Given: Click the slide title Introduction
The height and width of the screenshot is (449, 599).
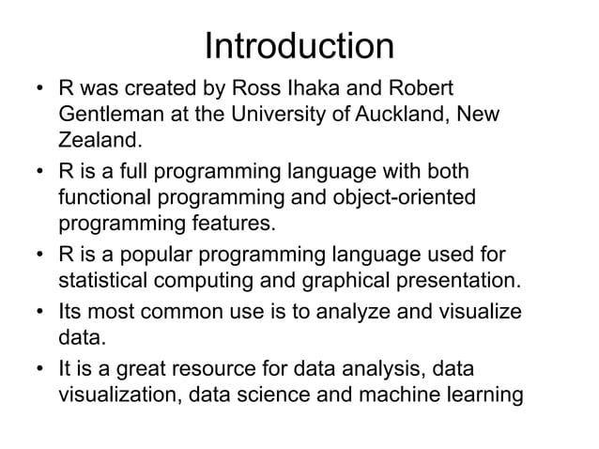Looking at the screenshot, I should point(299,46).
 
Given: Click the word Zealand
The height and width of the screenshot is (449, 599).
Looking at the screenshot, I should point(99,142).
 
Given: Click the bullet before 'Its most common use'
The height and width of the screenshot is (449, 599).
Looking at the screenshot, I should point(40,312).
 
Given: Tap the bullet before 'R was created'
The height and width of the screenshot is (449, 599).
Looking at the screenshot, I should point(40,91).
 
